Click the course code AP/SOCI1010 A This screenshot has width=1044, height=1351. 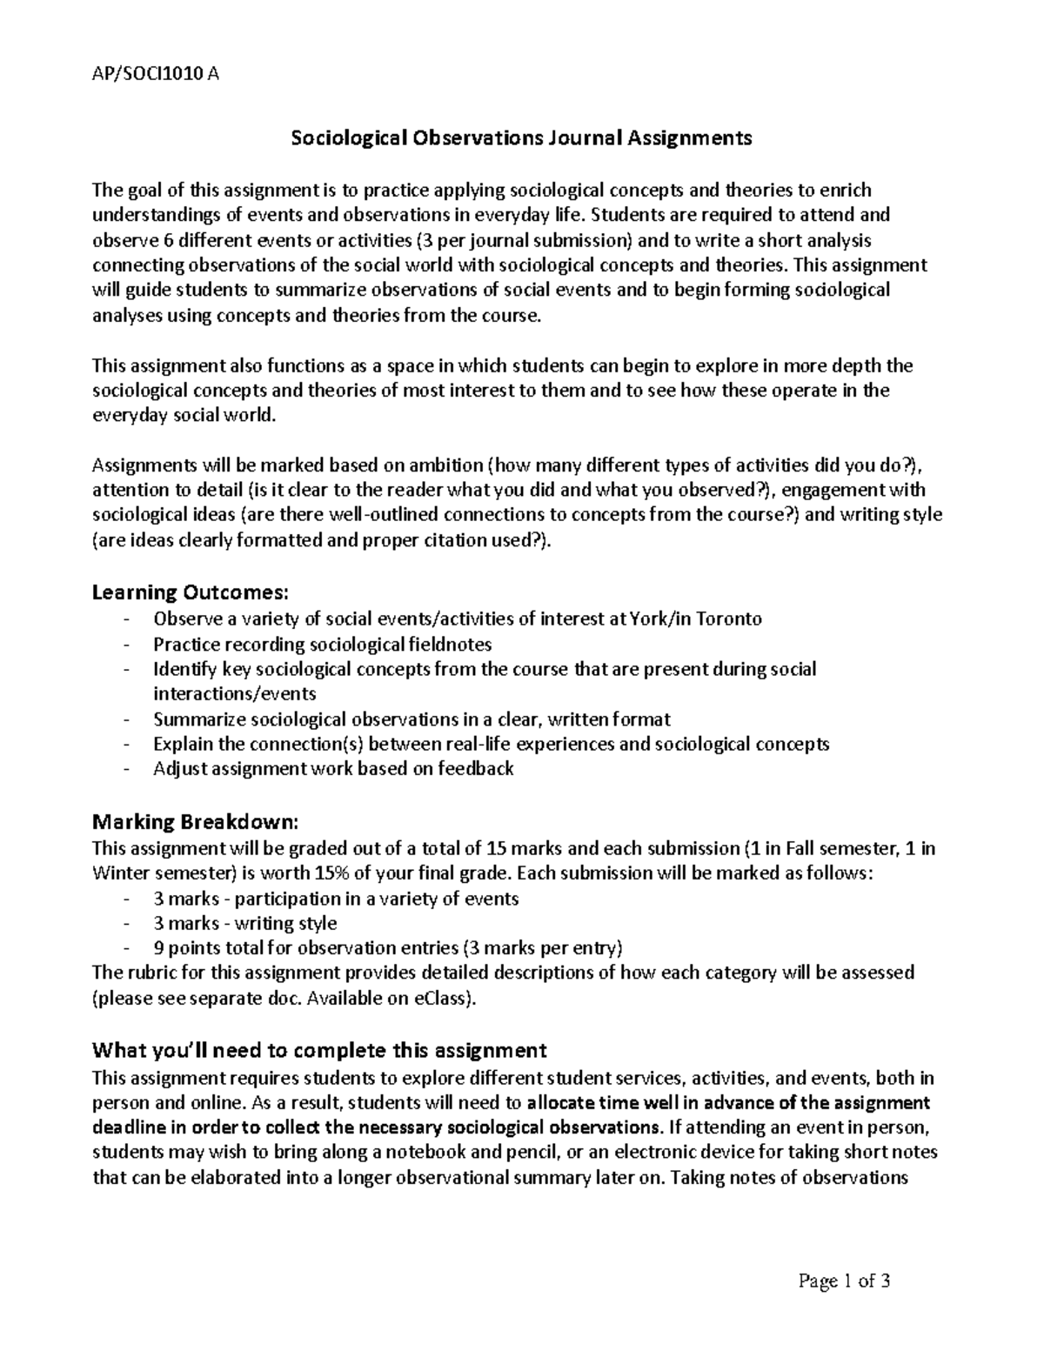click(155, 74)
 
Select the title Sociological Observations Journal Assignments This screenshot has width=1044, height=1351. click(521, 137)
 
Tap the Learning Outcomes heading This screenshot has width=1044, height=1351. click(189, 592)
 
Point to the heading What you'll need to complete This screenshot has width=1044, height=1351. click(319, 1049)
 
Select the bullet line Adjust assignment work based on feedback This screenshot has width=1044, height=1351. click(333, 768)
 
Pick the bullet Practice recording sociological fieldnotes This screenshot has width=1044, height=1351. click(322, 644)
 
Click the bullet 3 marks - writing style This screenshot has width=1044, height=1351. click(244, 923)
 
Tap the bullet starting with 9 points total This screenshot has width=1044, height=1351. click(388, 947)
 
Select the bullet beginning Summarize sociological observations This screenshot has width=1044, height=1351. click(412, 719)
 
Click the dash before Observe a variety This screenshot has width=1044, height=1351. click(129, 619)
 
